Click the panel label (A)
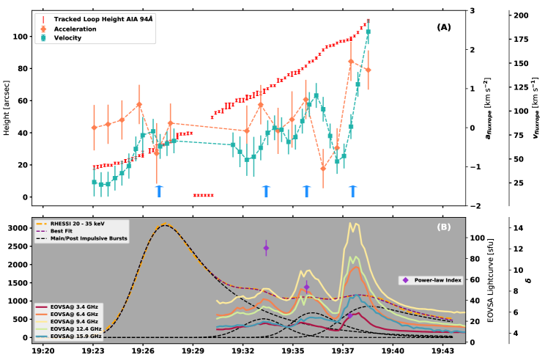click(x=444, y=27)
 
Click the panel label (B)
click(x=444, y=227)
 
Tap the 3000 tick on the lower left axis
click(x=16, y=229)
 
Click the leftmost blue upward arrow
click(x=159, y=191)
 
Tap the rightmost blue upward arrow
click(x=353, y=191)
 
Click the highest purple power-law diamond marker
click(x=266, y=248)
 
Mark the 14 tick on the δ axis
click(x=518, y=228)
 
